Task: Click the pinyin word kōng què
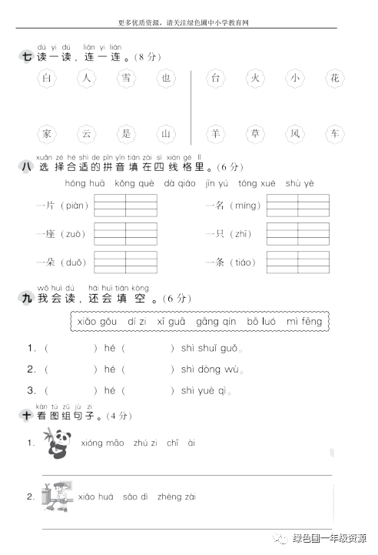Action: click(x=134, y=184)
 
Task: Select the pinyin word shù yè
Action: click(x=300, y=184)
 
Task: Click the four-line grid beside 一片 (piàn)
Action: click(x=125, y=206)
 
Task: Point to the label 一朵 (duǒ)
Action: click(x=61, y=262)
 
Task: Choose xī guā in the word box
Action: click(x=171, y=321)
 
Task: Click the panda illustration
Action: click(x=55, y=444)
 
